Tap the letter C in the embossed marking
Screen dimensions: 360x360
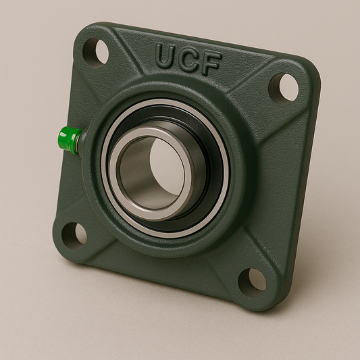click(189, 58)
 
